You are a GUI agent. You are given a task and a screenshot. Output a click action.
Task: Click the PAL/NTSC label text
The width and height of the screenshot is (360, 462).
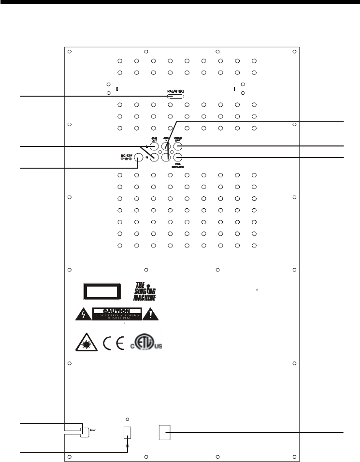175,91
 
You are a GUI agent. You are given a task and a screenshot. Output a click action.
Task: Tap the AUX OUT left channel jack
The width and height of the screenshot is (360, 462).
154,146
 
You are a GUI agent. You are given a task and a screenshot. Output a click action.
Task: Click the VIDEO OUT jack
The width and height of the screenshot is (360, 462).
177,146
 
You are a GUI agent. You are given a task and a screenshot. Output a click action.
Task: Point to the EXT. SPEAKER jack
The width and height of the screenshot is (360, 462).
177,157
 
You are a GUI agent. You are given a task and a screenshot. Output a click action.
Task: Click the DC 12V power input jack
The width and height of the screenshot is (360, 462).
139,157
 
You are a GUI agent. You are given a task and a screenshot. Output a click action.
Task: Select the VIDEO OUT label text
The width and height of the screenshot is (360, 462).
178,139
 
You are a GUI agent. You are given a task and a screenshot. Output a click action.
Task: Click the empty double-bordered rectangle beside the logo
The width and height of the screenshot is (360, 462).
102,292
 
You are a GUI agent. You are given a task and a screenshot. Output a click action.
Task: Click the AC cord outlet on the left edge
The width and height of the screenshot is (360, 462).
84,430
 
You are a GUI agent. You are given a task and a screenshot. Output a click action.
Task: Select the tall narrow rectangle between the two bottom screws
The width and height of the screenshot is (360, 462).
128,432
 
